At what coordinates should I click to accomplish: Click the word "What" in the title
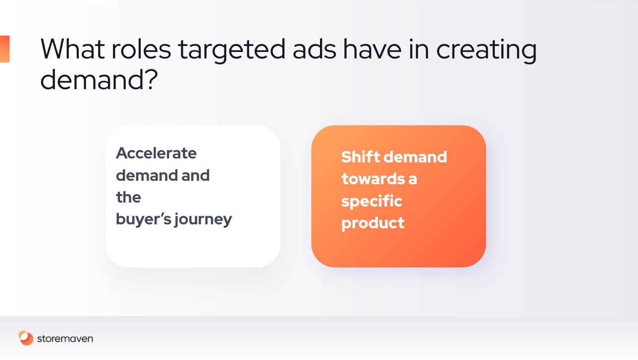(73, 49)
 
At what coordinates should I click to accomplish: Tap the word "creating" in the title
(486, 51)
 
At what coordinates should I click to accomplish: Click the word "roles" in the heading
(141, 49)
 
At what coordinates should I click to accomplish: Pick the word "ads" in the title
(314, 49)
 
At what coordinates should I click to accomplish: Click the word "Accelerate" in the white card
(156, 153)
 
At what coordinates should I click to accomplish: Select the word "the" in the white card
(128, 197)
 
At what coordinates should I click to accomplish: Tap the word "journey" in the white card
(203, 220)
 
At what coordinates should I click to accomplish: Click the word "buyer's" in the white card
(144, 220)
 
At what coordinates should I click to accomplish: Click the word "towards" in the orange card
(373, 179)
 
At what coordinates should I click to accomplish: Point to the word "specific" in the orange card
(372, 202)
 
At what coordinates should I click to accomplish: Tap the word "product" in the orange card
(373, 223)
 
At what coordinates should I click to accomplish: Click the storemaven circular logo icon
(26, 338)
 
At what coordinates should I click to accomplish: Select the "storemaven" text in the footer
(65, 339)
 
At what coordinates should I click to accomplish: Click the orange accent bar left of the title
(5, 49)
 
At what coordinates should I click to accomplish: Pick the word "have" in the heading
(372, 49)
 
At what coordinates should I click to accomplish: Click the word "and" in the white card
(195, 175)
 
